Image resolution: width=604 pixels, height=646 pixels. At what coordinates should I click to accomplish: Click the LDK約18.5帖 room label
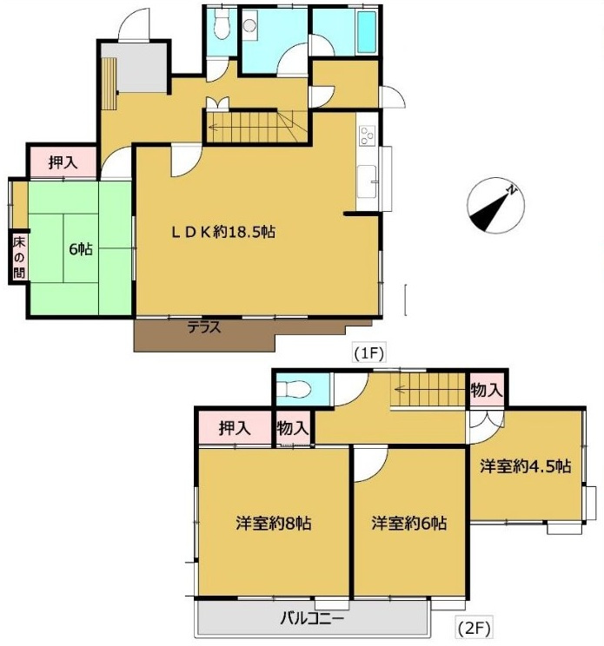pos(223,233)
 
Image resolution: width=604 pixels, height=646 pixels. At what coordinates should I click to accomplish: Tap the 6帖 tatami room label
pos(81,249)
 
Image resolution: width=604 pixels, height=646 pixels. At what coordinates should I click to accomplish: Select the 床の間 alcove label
pos(19,258)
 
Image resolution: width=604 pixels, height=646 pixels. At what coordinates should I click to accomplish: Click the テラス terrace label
pos(204,327)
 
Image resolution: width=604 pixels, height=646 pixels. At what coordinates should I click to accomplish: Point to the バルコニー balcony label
pos(312,618)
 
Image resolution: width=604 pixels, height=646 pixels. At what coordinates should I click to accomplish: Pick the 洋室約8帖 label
pos(274,524)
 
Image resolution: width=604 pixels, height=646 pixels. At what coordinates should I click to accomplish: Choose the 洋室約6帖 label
pos(408,524)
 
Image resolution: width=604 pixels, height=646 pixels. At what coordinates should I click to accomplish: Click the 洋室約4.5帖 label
pos(525,466)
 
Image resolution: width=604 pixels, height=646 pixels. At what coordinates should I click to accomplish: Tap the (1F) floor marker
pos(369,353)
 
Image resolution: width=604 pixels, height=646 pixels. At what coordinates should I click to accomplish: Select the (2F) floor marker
pos(474,629)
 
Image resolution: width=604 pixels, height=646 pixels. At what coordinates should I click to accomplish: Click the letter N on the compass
pos(512,190)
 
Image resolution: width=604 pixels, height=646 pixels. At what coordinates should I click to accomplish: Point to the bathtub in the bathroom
pos(367,32)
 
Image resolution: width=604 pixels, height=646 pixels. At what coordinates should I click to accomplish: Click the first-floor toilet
pos(222,24)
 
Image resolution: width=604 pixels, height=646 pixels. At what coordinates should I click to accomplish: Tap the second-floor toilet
pos(294,388)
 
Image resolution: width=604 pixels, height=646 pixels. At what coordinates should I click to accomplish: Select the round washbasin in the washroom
pos(249,25)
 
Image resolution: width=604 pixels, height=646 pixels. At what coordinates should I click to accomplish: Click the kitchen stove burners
pos(367,135)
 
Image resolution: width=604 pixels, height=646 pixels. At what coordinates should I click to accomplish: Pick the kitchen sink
pos(367,181)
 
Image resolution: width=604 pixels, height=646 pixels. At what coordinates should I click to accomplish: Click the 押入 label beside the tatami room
pos(63,162)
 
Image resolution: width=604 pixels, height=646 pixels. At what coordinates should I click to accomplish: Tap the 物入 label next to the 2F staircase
pos(487,389)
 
